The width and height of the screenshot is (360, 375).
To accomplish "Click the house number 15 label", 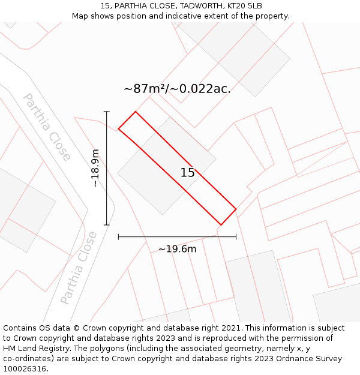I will tap(188, 173).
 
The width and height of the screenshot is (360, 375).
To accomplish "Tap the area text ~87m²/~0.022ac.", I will tap(177, 89).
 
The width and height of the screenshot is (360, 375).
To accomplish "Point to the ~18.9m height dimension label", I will tap(95, 169).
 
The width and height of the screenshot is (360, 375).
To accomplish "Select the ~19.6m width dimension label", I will tap(177, 249).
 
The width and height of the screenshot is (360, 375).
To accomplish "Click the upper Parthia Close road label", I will tap(47, 127).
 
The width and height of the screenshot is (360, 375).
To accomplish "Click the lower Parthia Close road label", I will tap(79, 267).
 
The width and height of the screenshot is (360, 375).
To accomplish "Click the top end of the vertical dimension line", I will tap(107, 112).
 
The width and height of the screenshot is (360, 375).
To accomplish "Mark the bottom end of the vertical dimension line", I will tap(107, 225).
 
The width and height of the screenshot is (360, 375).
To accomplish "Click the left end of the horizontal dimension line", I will tap(119, 237).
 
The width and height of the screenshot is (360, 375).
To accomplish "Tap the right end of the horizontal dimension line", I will tap(236, 237).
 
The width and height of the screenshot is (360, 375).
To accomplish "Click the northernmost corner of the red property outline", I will tap(136, 112).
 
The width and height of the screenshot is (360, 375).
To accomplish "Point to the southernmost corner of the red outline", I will tap(221, 225).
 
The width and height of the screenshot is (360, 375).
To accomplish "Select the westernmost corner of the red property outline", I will tap(119, 128).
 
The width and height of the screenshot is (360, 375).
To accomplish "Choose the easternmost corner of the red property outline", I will tap(236, 209).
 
